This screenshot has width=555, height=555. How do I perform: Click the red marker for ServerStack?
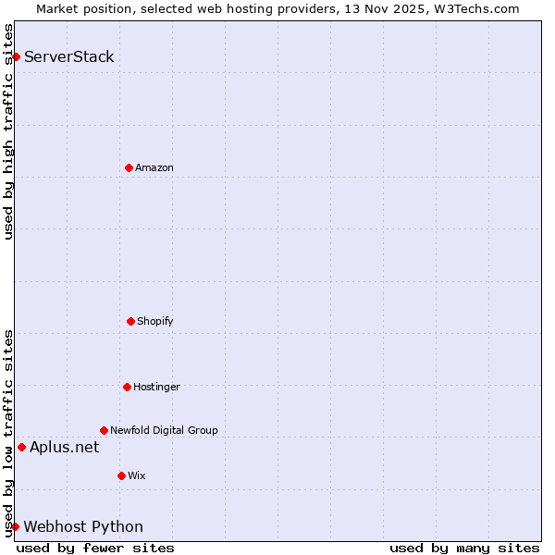coord(16,56)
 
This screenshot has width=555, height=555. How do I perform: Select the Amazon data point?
coord(129,167)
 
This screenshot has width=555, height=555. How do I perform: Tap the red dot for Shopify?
coord(130,321)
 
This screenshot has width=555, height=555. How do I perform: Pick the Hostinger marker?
coord(127,387)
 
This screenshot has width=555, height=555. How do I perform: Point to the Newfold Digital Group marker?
coord(104,430)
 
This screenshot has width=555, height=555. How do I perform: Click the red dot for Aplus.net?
coord(21,448)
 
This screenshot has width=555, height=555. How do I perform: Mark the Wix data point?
coord(121,475)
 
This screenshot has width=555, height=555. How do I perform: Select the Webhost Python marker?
coord(15,526)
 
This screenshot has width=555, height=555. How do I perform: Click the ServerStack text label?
coord(69,56)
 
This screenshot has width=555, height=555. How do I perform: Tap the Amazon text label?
coord(154,167)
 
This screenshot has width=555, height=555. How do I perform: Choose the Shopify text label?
coord(155,321)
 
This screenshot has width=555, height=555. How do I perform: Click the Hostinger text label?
coord(156,387)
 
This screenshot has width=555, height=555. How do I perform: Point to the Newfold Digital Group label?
coord(164,430)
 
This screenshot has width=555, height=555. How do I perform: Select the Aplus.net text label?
coord(64,448)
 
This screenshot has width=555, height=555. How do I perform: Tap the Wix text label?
coord(137,475)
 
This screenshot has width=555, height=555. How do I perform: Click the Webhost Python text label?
coord(83,527)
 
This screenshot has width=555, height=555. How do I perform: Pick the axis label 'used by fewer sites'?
coord(95,548)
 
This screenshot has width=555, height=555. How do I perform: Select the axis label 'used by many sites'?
coord(464,548)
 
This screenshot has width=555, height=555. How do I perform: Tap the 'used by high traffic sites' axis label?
coord(8,131)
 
